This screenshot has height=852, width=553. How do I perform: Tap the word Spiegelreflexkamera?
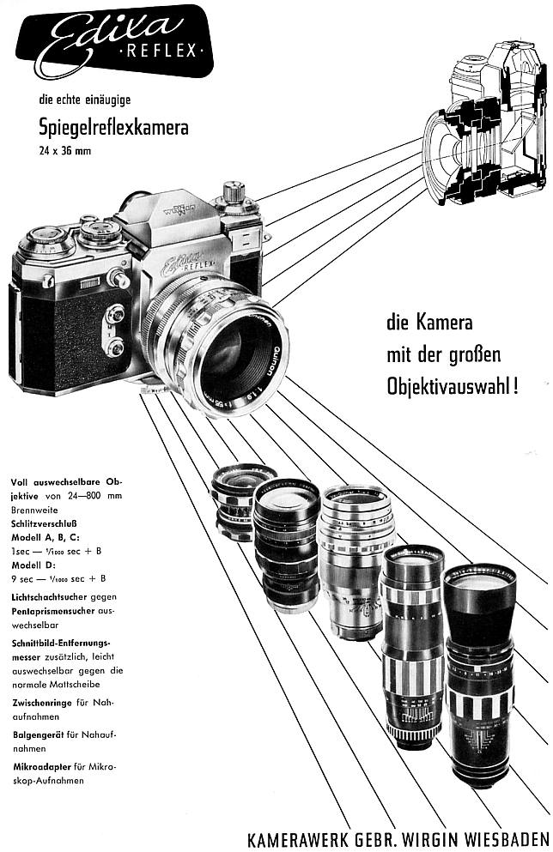[x=113, y=128]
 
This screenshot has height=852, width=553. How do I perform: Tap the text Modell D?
[x=33, y=565]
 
